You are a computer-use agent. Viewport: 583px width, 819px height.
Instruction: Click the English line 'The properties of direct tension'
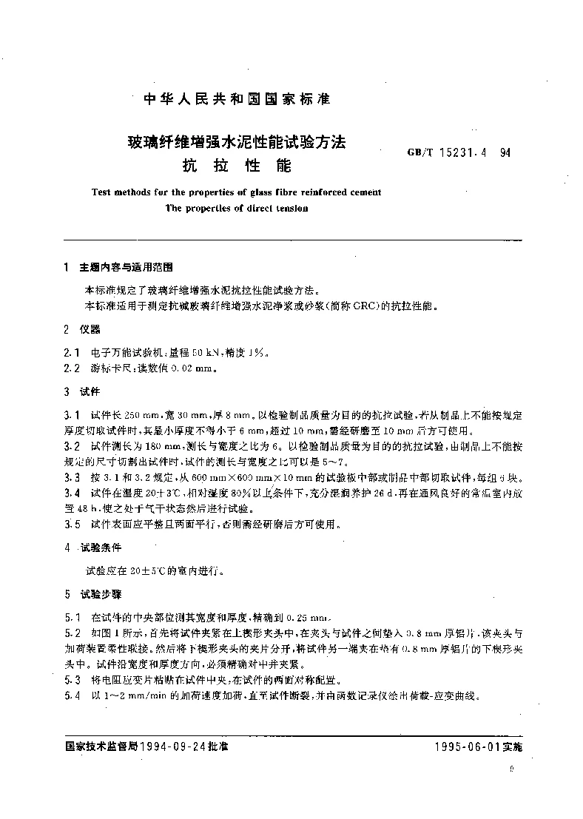click(x=237, y=208)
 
